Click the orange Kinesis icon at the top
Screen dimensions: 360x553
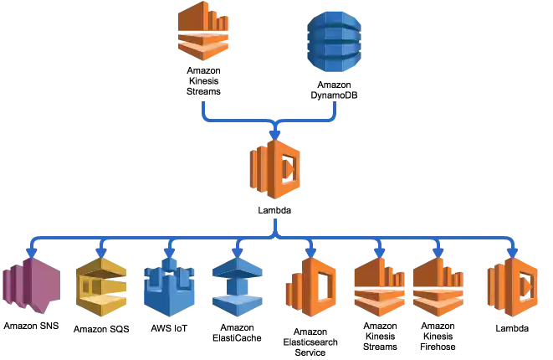(x=204, y=31)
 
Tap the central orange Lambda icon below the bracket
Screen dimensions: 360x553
(x=274, y=168)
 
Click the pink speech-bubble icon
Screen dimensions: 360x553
(x=32, y=285)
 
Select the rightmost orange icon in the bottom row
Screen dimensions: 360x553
(x=513, y=287)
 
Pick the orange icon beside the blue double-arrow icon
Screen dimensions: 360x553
(x=310, y=287)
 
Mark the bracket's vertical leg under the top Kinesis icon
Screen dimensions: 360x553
(x=203, y=111)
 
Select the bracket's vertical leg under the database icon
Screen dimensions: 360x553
(x=336, y=111)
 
